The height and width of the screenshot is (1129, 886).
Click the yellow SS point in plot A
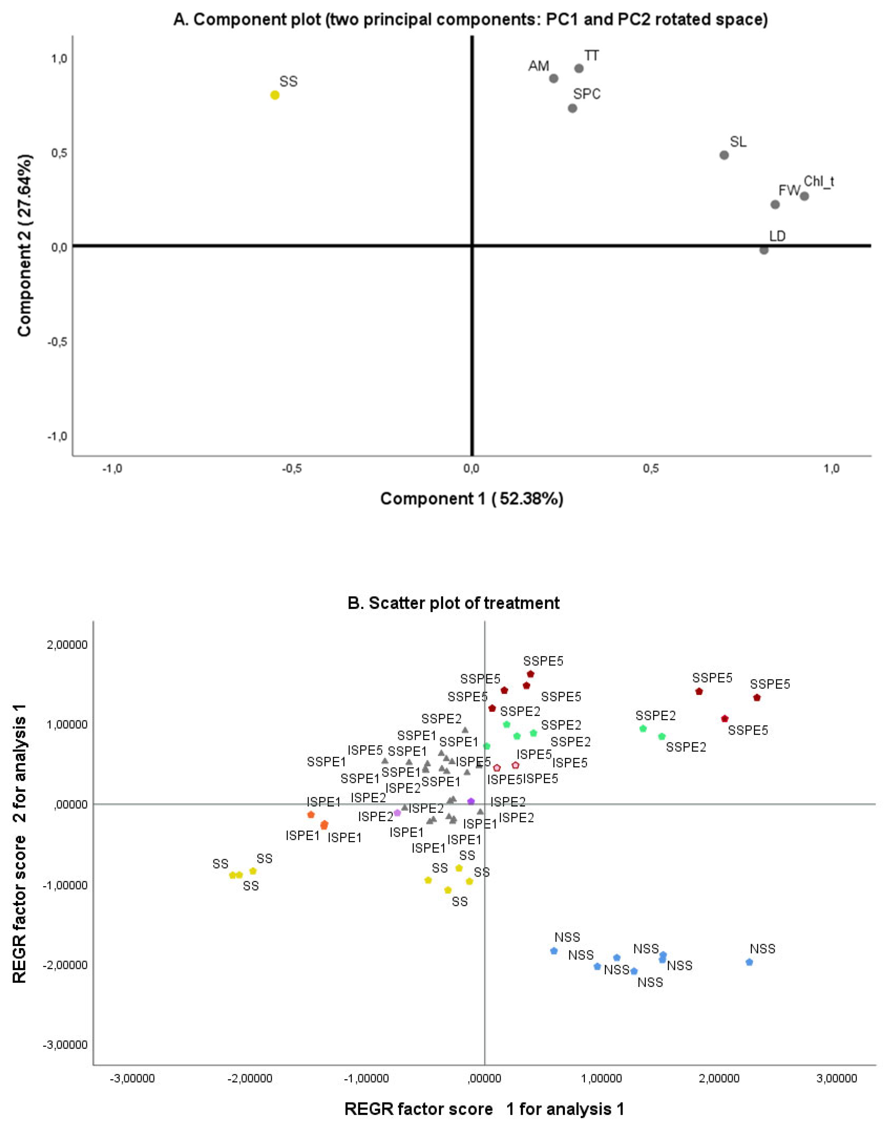(x=275, y=95)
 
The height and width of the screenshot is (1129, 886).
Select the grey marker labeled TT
(x=579, y=69)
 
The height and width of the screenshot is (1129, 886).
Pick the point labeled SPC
(x=572, y=108)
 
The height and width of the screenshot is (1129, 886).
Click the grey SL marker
(x=724, y=155)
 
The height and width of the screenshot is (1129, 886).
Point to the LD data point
(x=763, y=250)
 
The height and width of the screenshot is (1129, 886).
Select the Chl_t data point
(x=804, y=196)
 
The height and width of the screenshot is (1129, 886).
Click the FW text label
(x=789, y=190)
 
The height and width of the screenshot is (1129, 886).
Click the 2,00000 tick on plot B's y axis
(x=67, y=645)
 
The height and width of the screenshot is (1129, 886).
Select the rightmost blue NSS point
(x=749, y=962)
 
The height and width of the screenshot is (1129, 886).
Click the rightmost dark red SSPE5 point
(x=757, y=697)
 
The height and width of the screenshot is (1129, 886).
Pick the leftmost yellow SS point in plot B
(x=232, y=875)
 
